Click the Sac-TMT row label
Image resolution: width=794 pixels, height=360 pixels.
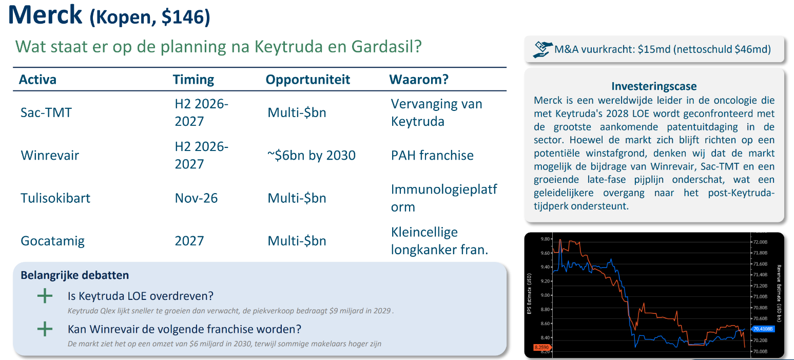pos(46,113)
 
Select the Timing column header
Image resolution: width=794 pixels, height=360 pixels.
pos(193,80)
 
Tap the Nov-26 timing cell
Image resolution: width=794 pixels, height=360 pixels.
pos(196,198)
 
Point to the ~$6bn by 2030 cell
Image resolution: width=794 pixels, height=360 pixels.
pos(311,156)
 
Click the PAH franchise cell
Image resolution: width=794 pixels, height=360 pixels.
pos(432,156)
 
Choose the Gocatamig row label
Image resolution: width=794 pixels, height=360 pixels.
pos(52,241)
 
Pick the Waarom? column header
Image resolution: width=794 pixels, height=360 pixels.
pos(419,80)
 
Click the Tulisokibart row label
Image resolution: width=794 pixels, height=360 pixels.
pos(55,198)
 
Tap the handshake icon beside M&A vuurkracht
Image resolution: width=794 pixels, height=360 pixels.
pos(543,50)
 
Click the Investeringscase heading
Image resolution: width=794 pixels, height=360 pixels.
pos(654,86)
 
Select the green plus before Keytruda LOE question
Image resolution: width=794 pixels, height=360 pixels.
pos(45,296)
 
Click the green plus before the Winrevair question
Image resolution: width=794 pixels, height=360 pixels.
pos(45,329)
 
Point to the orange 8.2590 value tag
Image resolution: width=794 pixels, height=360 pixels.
pos(541,348)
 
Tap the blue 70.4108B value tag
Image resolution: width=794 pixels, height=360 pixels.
pos(763,329)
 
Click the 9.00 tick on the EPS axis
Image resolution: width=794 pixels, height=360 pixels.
pos(545,295)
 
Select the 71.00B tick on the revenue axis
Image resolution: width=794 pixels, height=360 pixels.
pos(760,296)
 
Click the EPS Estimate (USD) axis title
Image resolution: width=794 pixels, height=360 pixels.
pos(529,293)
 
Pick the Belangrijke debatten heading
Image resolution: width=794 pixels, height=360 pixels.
pos(74,275)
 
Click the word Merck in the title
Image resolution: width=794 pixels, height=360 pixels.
pos(45,15)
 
